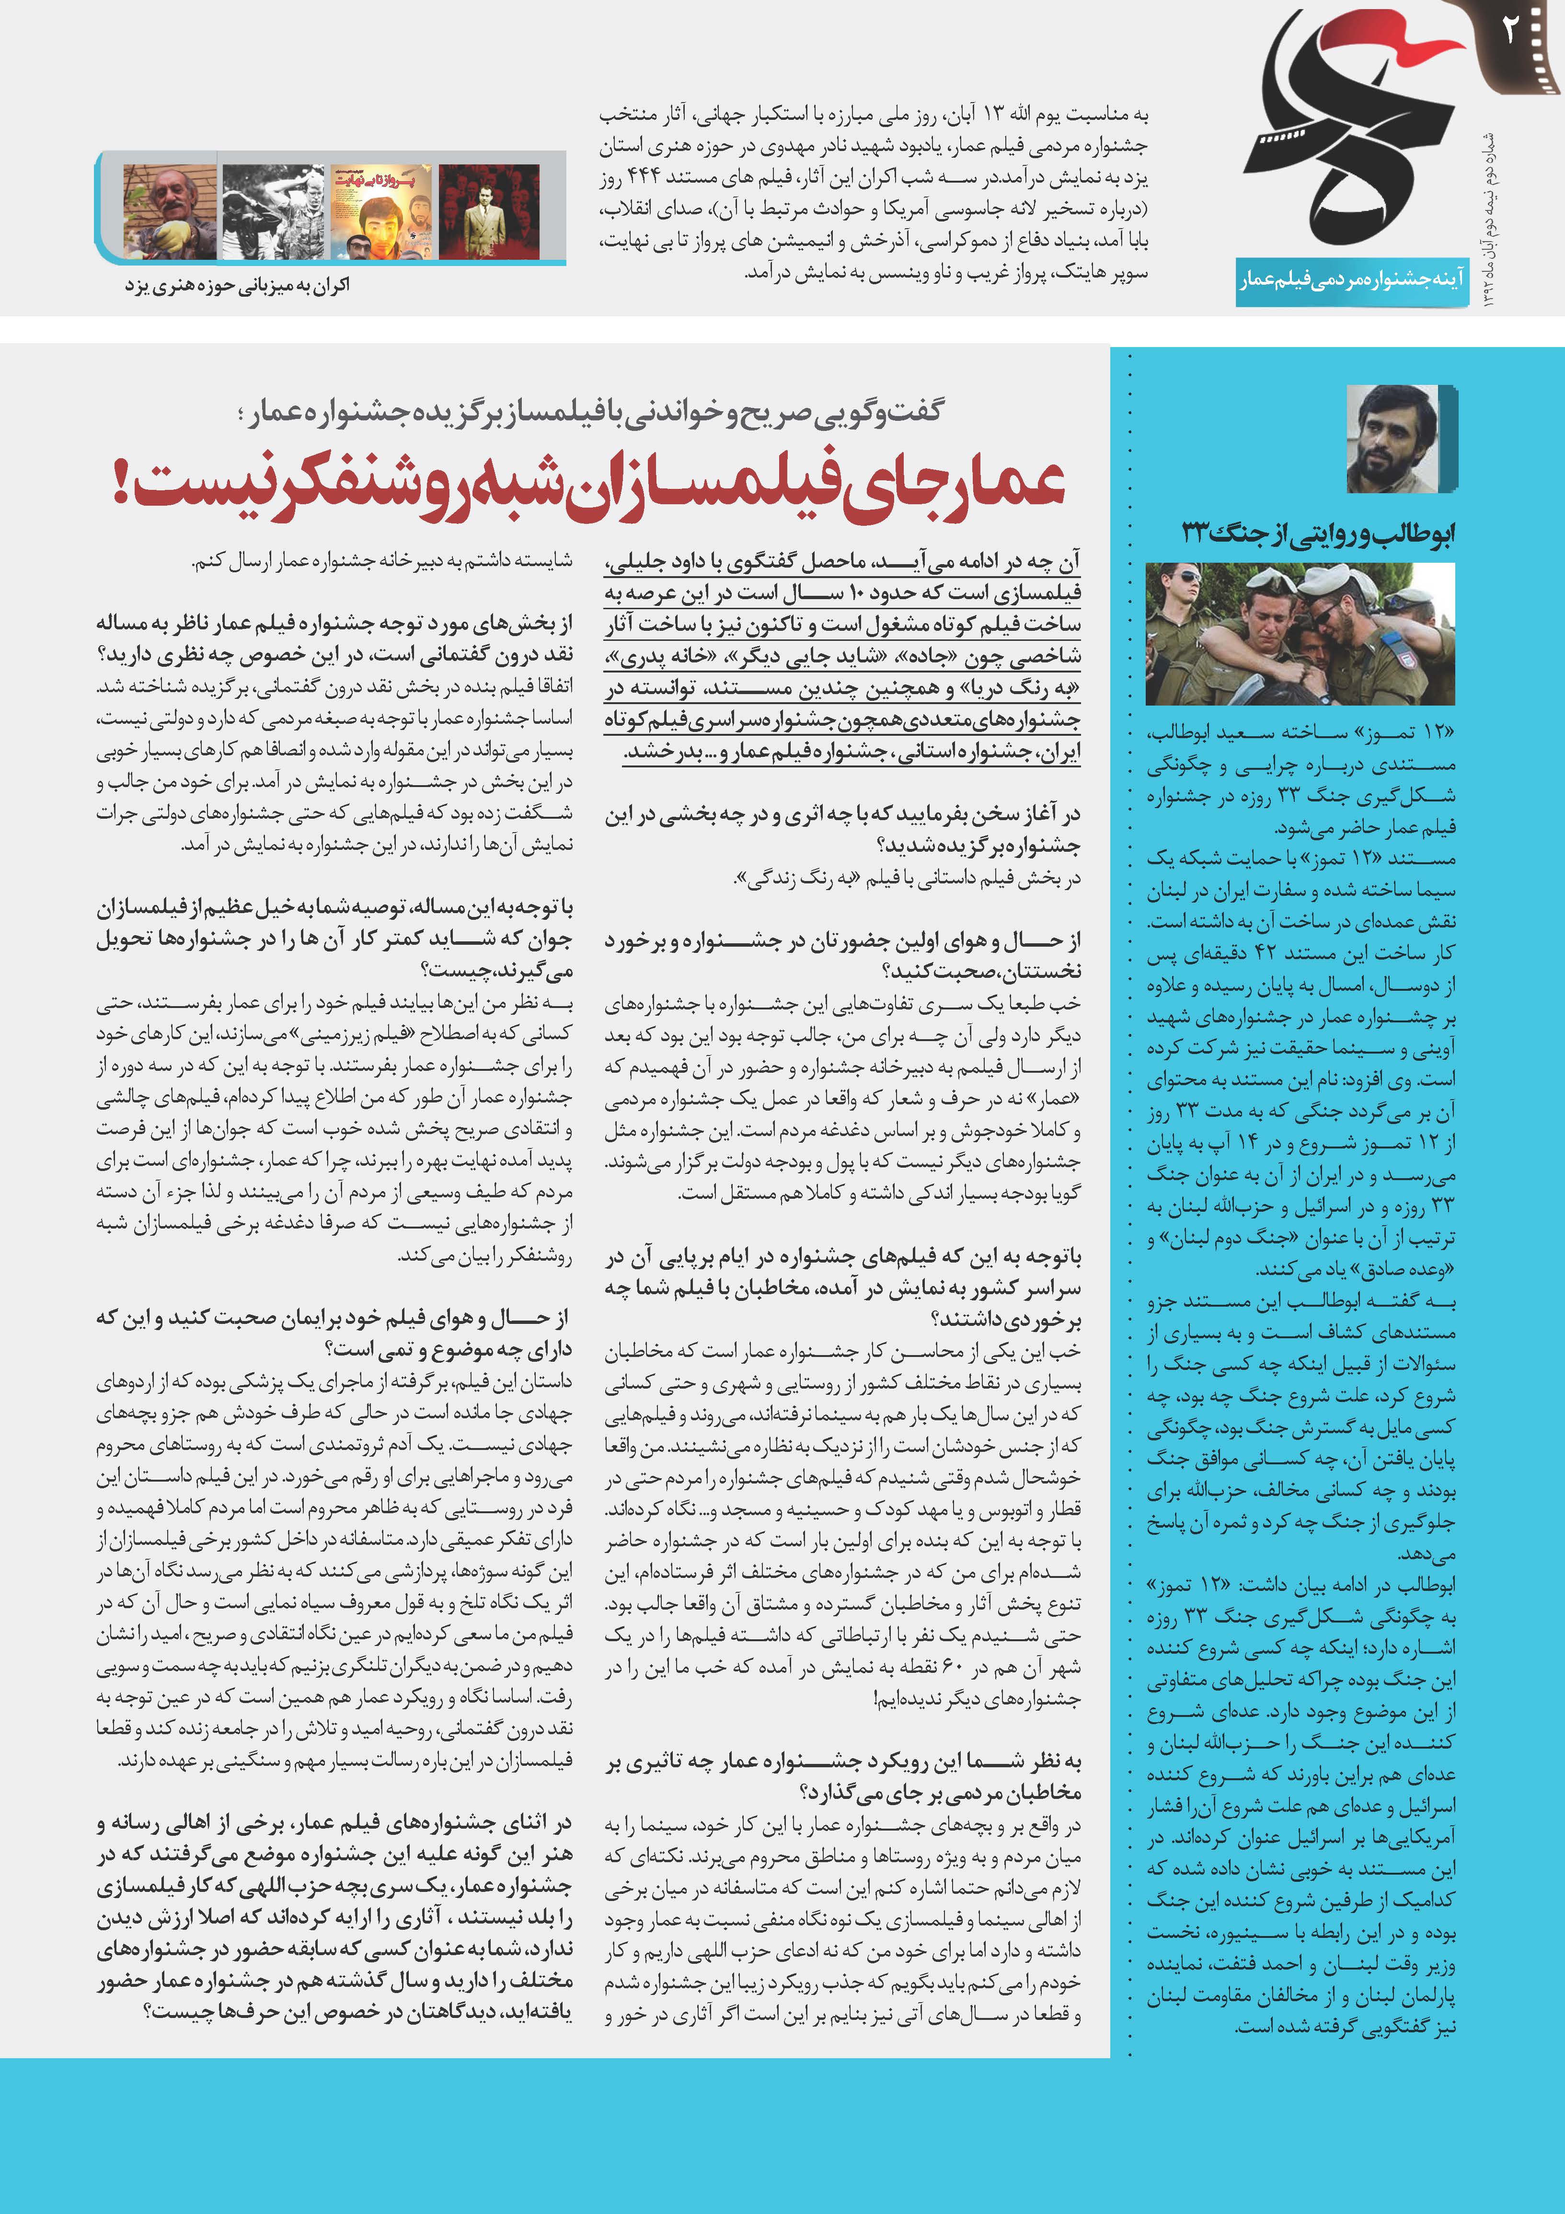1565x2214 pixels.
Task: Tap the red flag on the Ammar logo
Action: (x=1389, y=44)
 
